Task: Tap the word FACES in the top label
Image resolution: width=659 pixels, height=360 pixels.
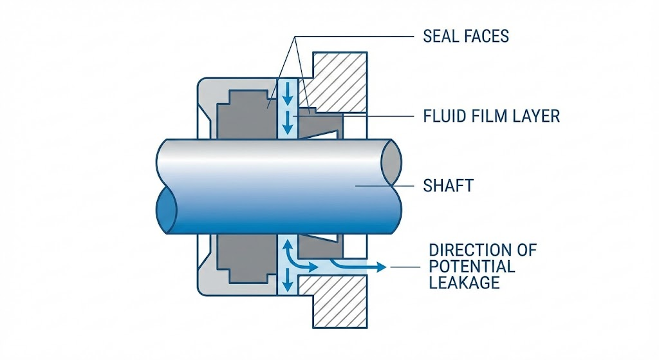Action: [487, 36]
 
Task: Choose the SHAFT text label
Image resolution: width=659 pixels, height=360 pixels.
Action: [448, 186]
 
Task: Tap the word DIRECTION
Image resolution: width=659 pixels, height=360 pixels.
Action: [482, 250]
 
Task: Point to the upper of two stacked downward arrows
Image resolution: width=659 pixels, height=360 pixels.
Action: [287, 93]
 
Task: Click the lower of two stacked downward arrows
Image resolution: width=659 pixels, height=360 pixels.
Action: [287, 118]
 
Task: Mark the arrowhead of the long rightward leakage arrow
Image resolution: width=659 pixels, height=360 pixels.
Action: [382, 265]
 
